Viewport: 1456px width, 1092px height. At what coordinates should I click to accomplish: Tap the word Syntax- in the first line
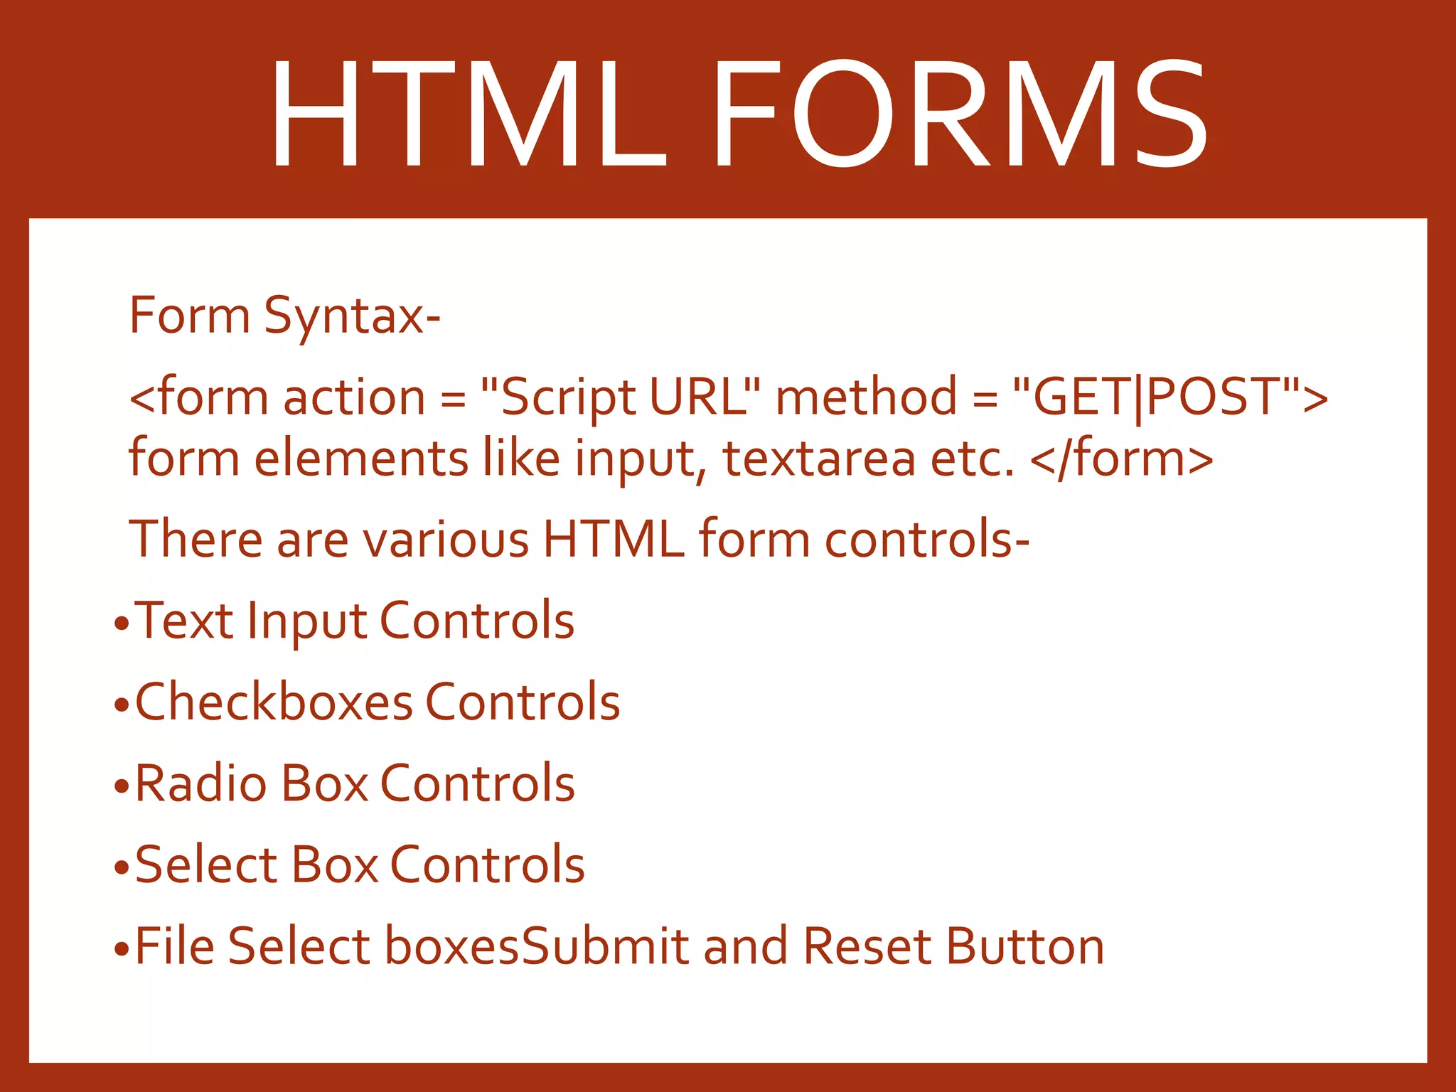[x=353, y=316]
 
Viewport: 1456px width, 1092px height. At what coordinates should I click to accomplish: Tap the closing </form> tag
[x=1121, y=459]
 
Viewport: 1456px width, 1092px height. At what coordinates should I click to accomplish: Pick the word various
[x=446, y=539]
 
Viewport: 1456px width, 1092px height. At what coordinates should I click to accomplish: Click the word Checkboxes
[x=274, y=702]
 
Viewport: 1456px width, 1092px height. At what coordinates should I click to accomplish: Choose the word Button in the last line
[x=1024, y=946]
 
